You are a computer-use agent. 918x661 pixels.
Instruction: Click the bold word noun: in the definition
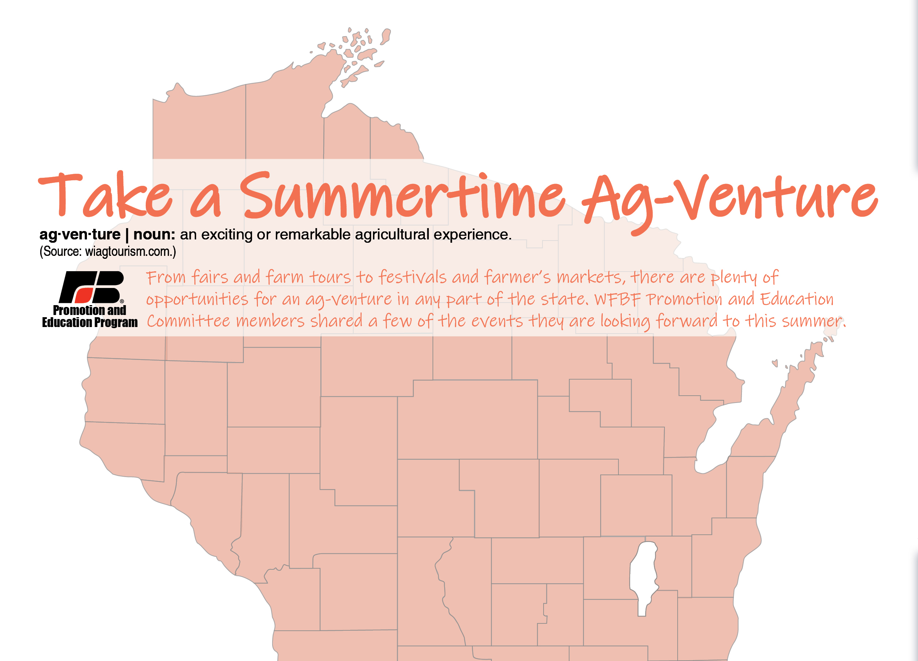(154, 235)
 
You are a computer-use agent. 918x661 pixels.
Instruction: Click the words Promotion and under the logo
(89, 310)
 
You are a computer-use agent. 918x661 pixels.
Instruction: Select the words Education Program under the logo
(89, 322)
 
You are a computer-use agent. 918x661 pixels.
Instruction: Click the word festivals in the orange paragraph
(412, 277)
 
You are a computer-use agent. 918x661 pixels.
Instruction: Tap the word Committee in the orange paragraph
(188, 321)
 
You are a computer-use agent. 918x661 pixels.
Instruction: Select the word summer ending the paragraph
(812, 322)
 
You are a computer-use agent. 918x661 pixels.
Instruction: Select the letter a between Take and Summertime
(206, 202)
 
